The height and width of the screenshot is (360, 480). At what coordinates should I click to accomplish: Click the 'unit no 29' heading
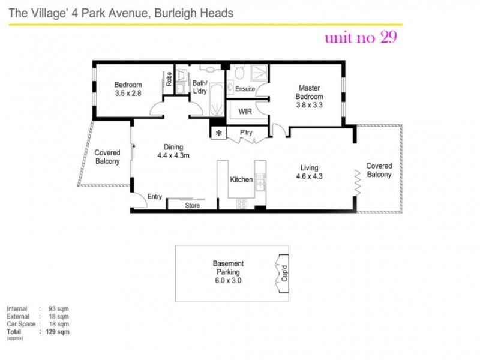[360, 38]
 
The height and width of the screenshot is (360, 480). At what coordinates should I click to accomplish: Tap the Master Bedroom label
[310, 97]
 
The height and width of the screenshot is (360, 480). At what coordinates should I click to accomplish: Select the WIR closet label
[245, 112]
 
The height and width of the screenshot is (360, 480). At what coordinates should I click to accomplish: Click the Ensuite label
[245, 89]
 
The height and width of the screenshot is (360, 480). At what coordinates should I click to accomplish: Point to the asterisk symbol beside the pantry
[218, 133]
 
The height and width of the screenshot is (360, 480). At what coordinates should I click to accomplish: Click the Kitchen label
[242, 179]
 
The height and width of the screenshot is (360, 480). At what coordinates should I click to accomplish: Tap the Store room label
[192, 206]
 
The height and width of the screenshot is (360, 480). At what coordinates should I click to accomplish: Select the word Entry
[155, 197]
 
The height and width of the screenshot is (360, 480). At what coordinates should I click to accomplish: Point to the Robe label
[169, 79]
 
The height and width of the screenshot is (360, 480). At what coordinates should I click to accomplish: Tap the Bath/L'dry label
[200, 87]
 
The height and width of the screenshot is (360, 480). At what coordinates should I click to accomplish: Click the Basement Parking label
[229, 267]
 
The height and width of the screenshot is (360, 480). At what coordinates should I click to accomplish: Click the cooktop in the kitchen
[242, 203]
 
